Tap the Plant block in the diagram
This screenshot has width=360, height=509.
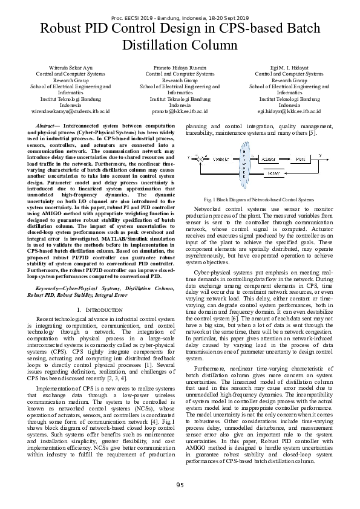tap(301, 159)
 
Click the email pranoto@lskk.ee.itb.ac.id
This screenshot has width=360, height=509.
tap(180, 112)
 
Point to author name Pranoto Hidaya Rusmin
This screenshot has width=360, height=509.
tap(180, 67)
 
